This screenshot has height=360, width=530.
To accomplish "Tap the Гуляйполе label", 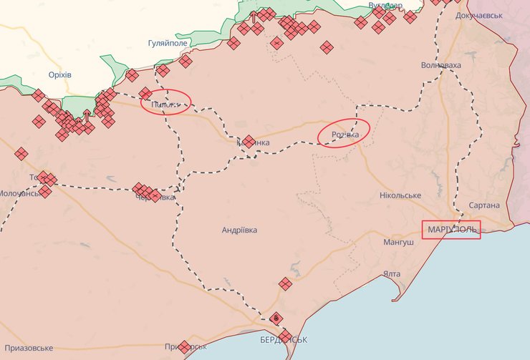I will (167, 44).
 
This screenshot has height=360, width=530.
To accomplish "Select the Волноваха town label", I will (441, 65).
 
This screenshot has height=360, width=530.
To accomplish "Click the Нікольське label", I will (400, 195).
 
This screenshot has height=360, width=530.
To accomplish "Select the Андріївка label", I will (239, 230).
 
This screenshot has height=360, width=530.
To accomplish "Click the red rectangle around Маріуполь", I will (451, 230).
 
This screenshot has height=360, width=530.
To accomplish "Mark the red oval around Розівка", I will (344, 133).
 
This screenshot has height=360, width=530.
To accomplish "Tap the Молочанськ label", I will (19, 193).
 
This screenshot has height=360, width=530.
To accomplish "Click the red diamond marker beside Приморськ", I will (184, 347).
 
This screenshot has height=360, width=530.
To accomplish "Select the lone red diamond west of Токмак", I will (21, 153).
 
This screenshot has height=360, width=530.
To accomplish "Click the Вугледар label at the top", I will (385, 5).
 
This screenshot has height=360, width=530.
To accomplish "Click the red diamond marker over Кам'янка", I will (249, 142).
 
